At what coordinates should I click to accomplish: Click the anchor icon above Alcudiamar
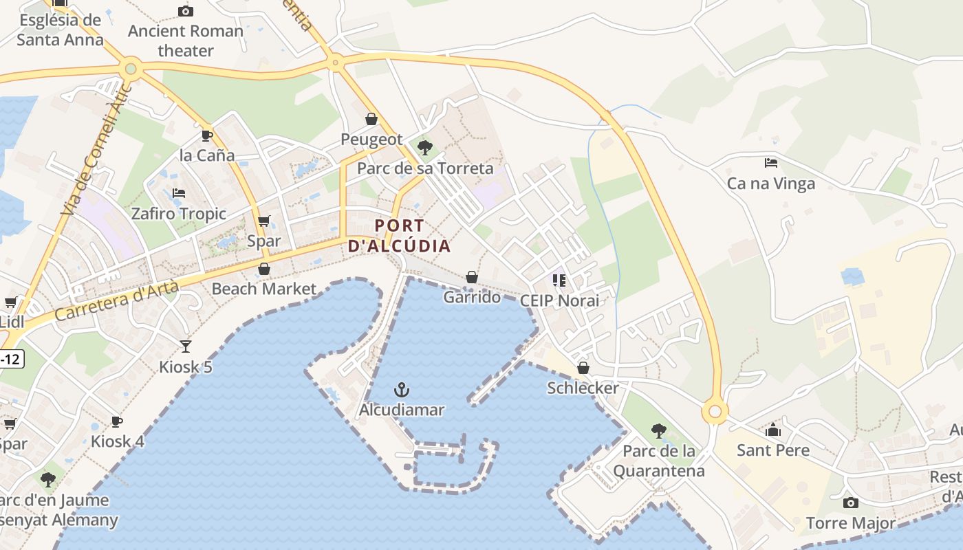click(402, 390)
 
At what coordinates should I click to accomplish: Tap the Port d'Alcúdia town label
click(400, 235)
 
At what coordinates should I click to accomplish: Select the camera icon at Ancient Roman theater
click(185, 11)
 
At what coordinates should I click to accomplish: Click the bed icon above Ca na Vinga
click(771, 163)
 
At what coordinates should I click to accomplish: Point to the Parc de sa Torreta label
click(425, 168)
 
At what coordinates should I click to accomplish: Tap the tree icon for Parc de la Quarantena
click(658, 431)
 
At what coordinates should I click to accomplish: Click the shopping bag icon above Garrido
click(472, 277)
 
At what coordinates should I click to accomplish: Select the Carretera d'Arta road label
click(116, 301)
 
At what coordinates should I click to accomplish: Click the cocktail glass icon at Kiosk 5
click(186, 346)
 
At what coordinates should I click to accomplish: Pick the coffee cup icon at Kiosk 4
click(117, 421)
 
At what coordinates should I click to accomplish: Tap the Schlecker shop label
click(583, 388)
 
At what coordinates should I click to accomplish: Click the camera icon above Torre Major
click(851, 503)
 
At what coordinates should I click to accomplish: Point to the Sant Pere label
click(773, 450)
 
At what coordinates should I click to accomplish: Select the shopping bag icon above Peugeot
click(371, 119)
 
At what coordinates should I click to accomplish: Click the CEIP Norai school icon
click(559, 280)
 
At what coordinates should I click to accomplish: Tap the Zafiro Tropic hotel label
click(179, 214)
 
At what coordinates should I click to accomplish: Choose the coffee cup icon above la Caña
click(206, 135)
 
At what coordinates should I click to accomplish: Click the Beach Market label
click(264, 289)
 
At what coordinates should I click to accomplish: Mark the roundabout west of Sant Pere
click(715, 412)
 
